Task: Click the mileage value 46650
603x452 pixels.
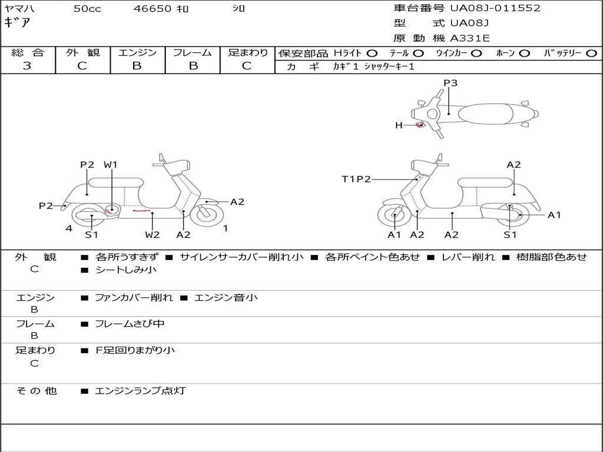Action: [x=153, y=9]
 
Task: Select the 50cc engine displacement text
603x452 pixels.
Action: [x=87, y=9]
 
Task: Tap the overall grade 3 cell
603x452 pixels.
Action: [x=27, y=66]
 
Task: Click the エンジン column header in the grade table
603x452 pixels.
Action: [x=137, y=52]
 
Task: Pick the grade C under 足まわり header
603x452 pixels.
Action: [x=247, y=66]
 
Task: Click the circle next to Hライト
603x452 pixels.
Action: [x=372, y=53]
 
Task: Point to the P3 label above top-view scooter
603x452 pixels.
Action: [x=450, y=83]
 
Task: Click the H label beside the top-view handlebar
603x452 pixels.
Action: [x=399, y=125]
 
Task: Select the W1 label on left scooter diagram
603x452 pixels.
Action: [x=111, y=165]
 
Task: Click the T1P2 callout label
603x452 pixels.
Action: [x=356, y=179]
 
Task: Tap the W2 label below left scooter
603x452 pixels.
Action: [x=153, y=234]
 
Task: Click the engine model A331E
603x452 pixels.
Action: [x=470, y=38]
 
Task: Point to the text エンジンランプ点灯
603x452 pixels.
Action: [x=140, y=390]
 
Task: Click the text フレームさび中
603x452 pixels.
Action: [x=130, y=324]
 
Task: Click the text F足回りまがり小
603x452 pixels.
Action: [x=135, y=350]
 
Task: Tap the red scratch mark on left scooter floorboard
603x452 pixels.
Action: [x=140, y=210]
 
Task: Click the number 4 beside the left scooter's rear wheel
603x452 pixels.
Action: [x=69, y=228]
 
